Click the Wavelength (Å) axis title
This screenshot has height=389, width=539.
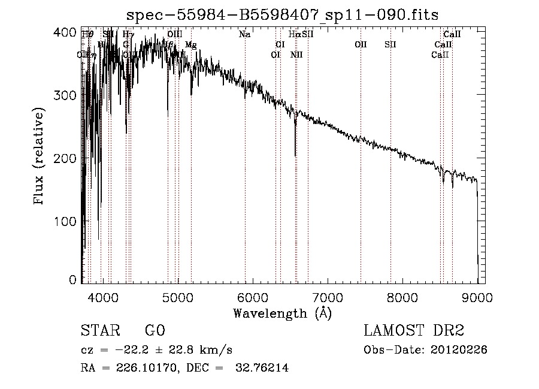coord(282,313)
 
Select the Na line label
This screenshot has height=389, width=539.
coord(244,35)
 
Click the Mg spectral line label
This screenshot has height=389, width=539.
coord(190,45)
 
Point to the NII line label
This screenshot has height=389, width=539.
coord(296,55)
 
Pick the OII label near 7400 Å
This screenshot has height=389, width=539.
coord(361,44)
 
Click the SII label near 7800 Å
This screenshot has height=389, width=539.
coord(390,44)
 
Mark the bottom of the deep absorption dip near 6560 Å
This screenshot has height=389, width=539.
coord(295,155)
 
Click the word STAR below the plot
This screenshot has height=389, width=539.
coord(98,330)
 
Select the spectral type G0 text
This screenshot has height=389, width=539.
coord(155,330)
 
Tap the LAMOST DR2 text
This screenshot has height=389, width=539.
coord(414,330)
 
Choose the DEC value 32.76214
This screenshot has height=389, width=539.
coord(264,369)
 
